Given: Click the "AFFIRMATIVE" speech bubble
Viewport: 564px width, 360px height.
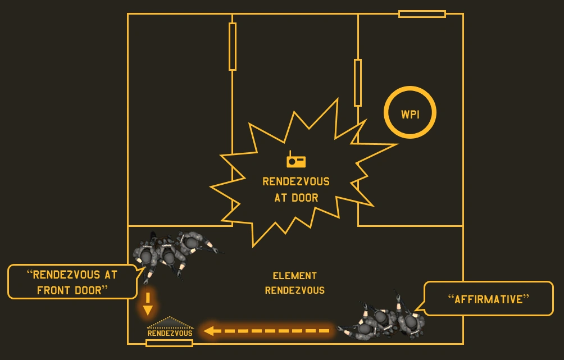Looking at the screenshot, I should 488,299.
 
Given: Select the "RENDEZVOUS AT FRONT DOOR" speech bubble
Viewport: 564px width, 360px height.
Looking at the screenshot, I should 72,282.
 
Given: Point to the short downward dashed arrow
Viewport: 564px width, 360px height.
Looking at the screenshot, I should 148,303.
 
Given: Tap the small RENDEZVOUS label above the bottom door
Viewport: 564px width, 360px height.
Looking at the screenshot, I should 170,333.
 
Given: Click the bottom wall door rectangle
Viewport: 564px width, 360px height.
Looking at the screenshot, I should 169,343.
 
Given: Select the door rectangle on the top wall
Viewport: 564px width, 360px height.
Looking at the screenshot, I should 422,14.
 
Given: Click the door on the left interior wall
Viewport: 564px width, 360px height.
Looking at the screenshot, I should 233,47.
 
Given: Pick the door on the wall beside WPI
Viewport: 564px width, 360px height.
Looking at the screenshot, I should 358,83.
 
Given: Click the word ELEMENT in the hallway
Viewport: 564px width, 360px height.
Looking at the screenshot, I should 294,276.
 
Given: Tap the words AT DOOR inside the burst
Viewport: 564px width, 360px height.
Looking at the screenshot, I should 296,198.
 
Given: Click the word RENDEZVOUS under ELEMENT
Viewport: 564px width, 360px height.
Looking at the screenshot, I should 294,290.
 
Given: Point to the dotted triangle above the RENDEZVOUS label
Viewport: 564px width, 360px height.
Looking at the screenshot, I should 170,323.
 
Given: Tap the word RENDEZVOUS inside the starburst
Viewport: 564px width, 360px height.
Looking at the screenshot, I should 296,182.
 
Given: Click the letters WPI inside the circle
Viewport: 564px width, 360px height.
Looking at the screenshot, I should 410,115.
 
